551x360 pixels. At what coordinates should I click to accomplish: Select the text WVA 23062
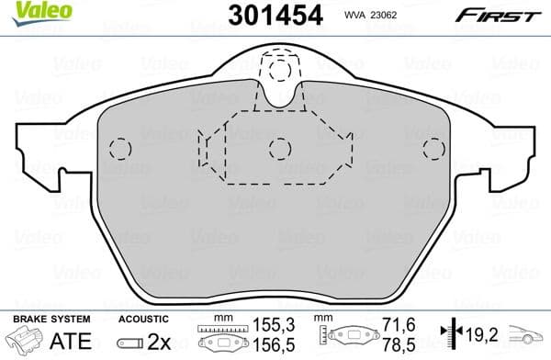click(x=397, y=15)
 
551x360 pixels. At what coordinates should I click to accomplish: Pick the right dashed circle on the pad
click(x=433, y=149)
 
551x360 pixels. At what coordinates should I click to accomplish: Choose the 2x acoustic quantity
click(x=162, y=339)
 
